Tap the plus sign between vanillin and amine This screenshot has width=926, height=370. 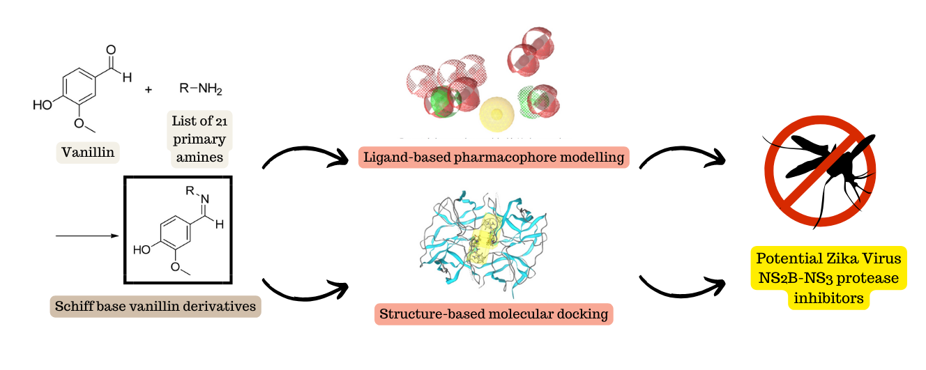click(148, 90)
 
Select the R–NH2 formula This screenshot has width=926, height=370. click(201, 88)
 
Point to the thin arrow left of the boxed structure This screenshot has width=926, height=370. click(87, 236)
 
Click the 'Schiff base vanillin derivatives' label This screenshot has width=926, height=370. click(155, 306)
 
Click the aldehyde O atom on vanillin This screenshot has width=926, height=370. click(110, 49)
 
